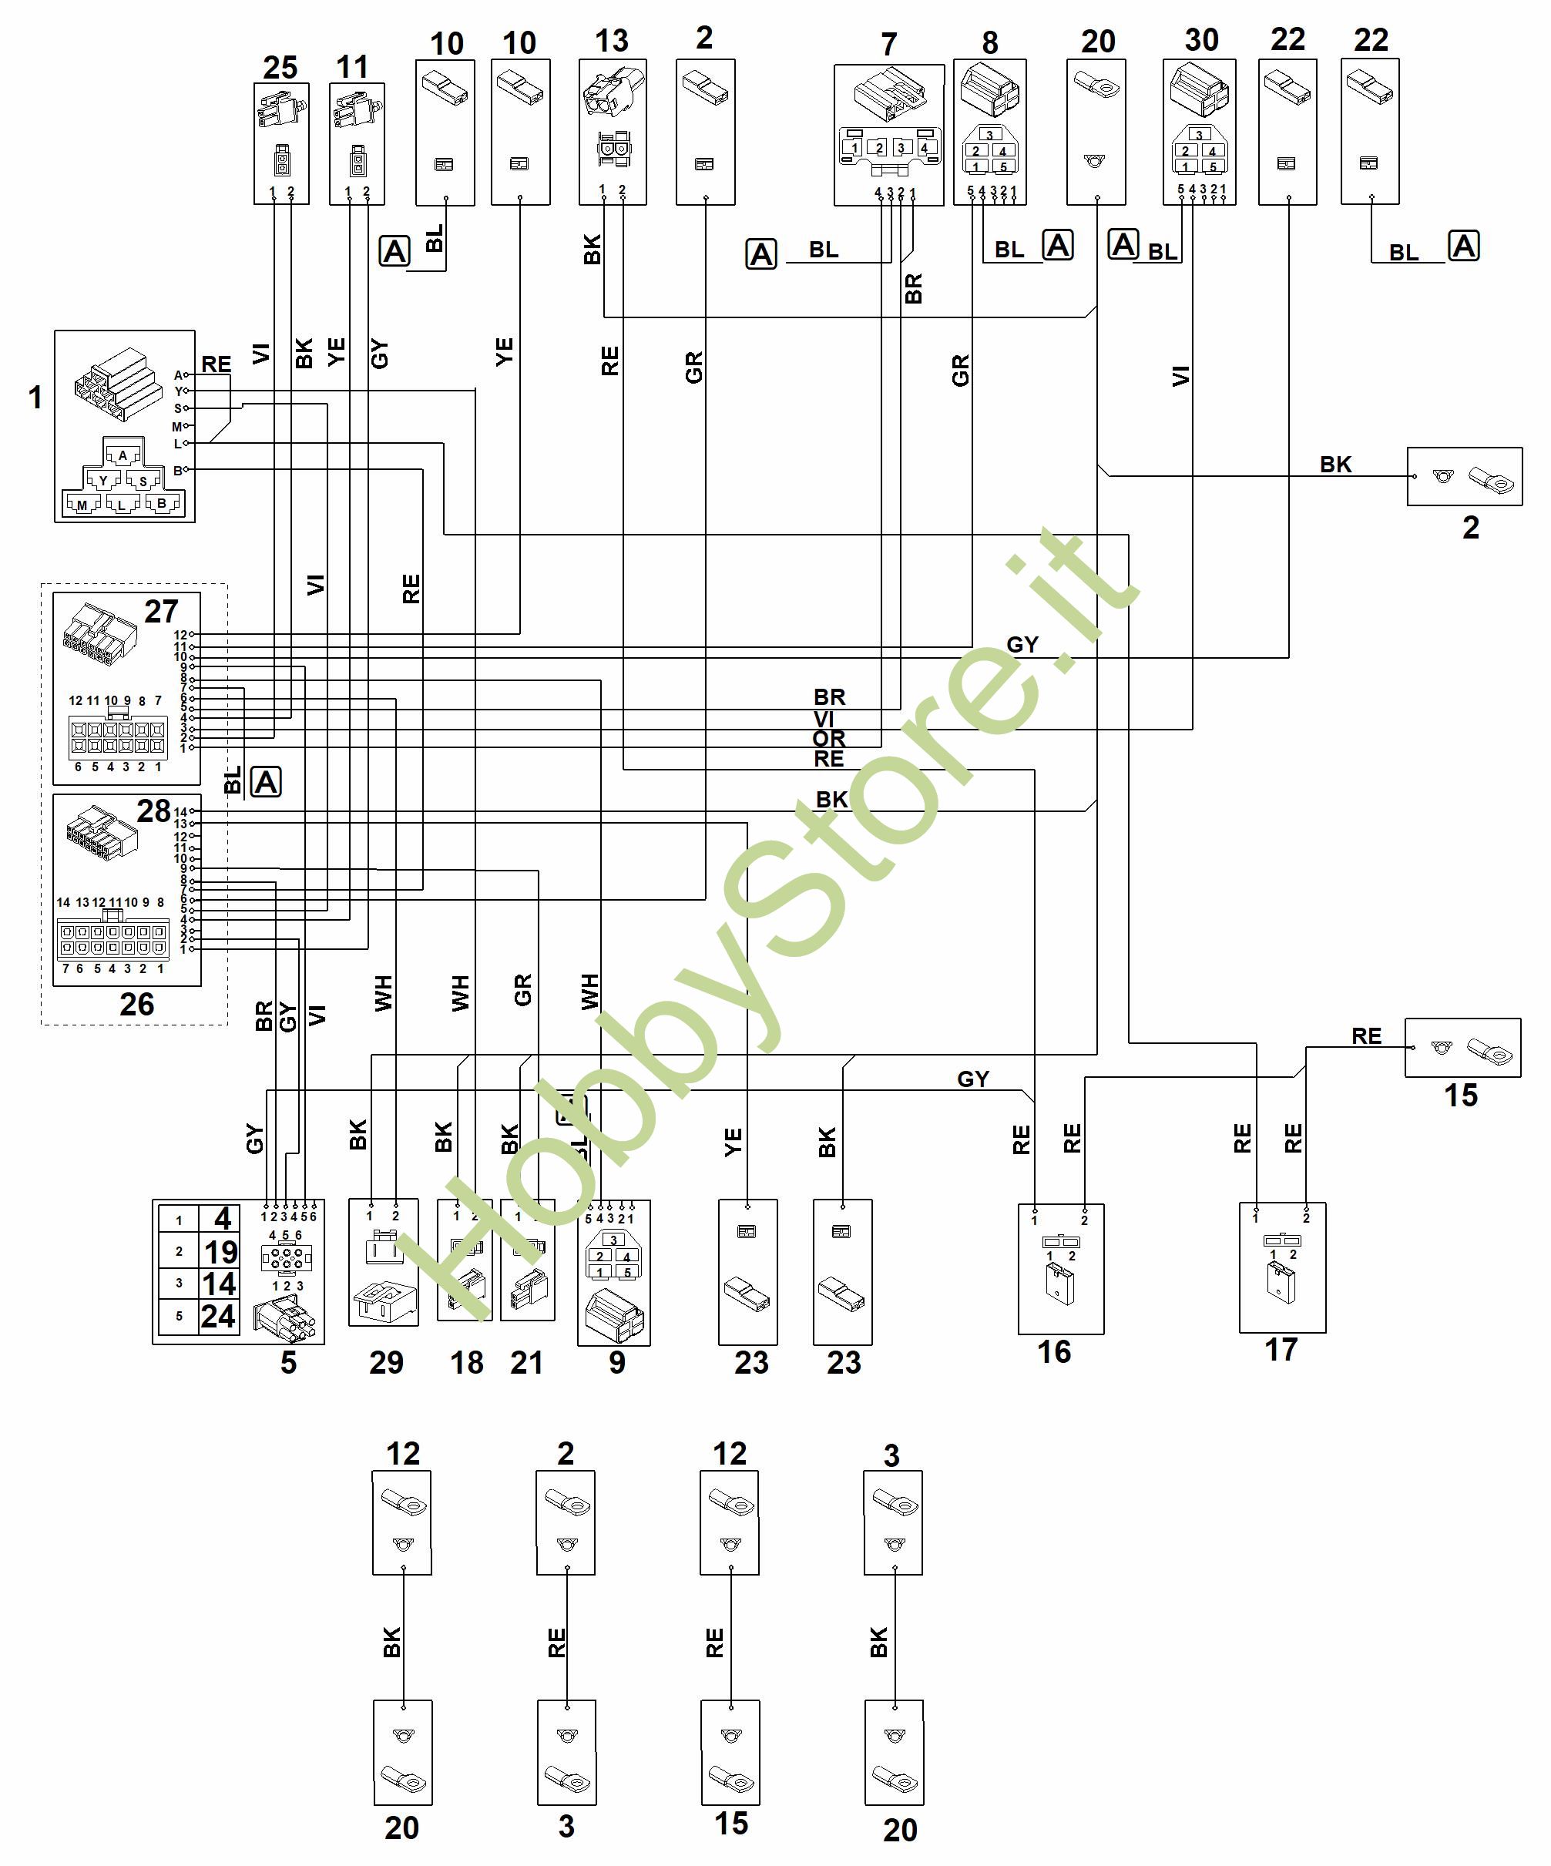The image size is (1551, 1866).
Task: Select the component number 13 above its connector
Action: tap(612, 41)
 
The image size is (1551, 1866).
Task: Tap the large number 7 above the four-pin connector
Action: tap(889, 45)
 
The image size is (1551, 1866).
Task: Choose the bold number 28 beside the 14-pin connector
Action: tap(153, 811)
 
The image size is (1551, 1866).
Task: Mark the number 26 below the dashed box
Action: tap(137, 1004)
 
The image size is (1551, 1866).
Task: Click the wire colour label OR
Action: tap(828, 738)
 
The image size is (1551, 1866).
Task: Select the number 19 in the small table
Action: tap(220, 1252)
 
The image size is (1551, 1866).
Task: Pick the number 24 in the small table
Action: tap(219, 1316)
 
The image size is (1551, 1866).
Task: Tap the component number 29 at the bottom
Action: tap(386, 1362)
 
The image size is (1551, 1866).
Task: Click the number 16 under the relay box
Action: tap(1054, 1351)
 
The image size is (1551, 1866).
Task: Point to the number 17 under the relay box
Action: tap(1281, 1350)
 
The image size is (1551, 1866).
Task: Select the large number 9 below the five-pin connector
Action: tap(617, 1362)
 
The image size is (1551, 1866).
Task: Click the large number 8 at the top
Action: tap(990, 42)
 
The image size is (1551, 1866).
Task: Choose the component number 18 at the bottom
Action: tap(467, 1362)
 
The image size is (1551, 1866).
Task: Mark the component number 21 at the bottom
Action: tap(527, 1362)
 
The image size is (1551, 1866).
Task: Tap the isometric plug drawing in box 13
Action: tap(612, 92)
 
